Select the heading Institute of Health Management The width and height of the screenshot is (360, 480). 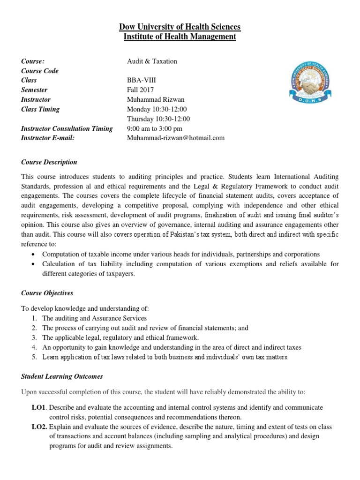180,37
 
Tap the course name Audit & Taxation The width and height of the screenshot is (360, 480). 152,61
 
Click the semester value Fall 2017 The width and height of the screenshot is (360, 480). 140,90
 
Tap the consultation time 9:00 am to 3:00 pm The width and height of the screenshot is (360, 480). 155,128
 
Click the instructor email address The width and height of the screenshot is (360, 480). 176,138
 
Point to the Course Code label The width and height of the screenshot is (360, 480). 40,71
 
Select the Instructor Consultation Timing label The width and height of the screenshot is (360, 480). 67,128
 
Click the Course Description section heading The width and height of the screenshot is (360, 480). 49,162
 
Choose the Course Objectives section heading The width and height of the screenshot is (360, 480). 47,293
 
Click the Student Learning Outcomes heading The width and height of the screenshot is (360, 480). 62,376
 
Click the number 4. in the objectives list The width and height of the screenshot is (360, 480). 34,347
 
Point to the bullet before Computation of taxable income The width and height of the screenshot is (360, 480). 34,254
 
